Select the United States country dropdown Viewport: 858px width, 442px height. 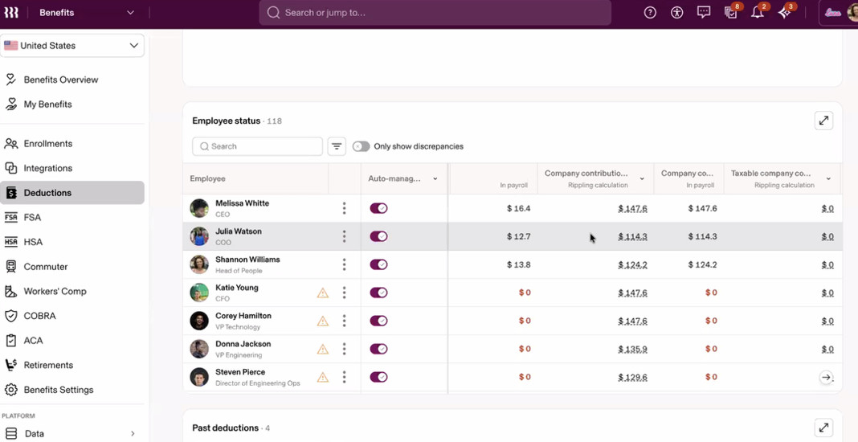pos(72,46)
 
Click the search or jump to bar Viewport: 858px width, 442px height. pos(435,13)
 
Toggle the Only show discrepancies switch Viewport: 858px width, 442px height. pos(362,146)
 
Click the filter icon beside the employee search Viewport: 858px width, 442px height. pos(337,146)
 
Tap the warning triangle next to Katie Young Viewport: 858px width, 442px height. pos(323,293)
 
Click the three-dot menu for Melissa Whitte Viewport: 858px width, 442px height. pos(344,208)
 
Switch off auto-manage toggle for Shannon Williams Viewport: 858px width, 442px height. pos(378,264)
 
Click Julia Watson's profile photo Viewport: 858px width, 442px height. pos(199,236)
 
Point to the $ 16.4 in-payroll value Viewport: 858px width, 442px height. pos(519,208)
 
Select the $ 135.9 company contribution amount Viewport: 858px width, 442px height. pos(633,349)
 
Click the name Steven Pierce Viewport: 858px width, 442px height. pos(240,372)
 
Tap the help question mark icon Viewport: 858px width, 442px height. pos(650,13)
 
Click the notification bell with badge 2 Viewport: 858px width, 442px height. pos(758,12)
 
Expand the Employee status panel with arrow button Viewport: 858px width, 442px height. pos(823,121)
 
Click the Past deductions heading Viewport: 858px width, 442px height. pos(226,428)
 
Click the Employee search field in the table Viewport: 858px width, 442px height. pos(257,146)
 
